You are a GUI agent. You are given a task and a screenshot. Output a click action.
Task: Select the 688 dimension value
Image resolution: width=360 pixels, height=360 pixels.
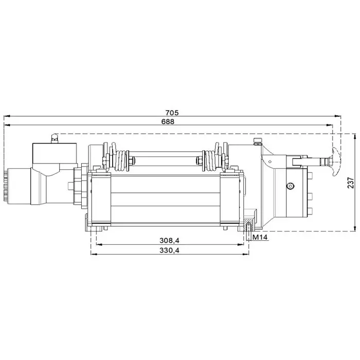click(168, 122)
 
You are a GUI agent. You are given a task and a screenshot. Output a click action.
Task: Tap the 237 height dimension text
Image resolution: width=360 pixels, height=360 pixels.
click(351, 183)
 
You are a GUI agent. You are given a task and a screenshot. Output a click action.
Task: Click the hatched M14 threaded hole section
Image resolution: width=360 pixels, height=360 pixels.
click(248, 227)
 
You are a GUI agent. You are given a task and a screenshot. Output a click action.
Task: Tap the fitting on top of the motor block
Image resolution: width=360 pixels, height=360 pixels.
click(53, 138)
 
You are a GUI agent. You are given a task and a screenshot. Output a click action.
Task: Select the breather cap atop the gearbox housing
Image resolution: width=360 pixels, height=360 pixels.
click(258, 141)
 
